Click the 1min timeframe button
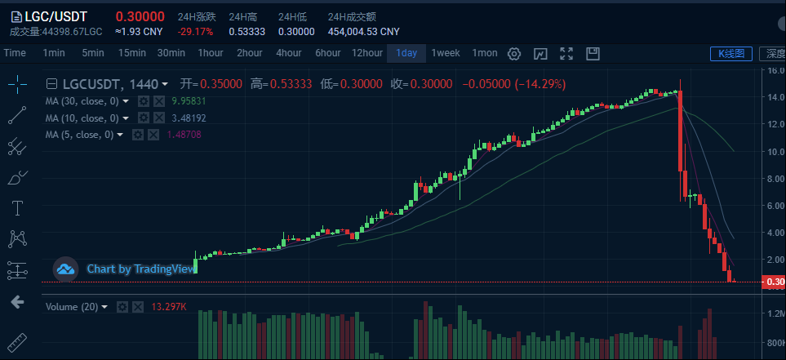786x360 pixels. point(54,53)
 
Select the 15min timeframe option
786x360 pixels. point(132,53)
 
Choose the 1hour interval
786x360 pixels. point(211,53)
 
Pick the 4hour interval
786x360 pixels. point(288,53)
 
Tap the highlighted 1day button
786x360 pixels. point(406,53)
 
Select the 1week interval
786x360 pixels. point(446,53)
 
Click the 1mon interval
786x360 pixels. point(485,53)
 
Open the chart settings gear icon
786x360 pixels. point(514,54)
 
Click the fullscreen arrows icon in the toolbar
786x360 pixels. point(566,54)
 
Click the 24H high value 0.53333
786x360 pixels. point(246,32)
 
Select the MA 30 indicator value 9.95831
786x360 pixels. point(188,101)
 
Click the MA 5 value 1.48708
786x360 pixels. point(181,135)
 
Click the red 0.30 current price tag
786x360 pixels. point(773,282)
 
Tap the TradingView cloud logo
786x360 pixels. point(65,268)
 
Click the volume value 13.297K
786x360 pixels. point(169,307)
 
